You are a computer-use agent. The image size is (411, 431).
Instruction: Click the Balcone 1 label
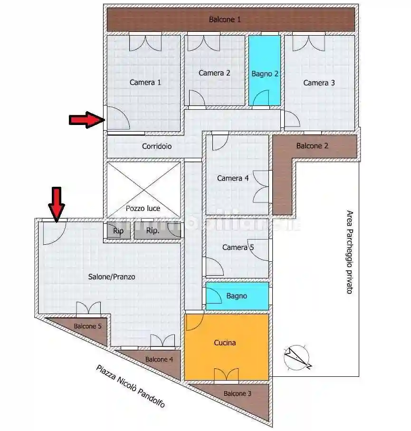(x=225, y=19)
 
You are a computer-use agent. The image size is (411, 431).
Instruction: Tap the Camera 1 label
(x=145, y=83)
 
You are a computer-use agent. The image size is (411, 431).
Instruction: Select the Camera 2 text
(x=214, y=73)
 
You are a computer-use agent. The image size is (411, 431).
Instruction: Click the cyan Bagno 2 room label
(x=265, y=74)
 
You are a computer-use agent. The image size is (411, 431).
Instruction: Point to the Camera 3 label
(x=319, y=83)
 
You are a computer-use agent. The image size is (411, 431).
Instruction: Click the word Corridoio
(x=157, y=146)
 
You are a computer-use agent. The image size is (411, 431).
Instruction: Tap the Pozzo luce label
(x=143, y=208)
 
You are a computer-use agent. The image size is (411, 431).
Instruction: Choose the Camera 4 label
(x=233, y=178)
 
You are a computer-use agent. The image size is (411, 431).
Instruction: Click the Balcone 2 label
(x=312, y=146)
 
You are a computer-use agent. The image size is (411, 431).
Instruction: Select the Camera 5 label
(x=238, y=248)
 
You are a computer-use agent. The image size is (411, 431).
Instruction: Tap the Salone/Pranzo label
(x=112, y=277)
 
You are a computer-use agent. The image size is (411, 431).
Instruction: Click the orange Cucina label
(x=225, y=343)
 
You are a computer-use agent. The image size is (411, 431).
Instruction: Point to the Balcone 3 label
(x=237, y=393)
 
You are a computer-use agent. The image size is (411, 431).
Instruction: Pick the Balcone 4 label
(x=159, y=359)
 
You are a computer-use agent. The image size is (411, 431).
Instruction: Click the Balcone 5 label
(x=87, y=326)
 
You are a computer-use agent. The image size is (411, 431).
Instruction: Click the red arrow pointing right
(x=86, y=120)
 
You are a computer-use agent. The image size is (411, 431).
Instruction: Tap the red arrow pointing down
(x=57, y=204)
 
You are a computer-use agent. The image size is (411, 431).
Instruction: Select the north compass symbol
(x=297, y=357)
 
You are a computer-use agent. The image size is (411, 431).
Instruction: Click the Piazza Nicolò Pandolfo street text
(x=131, y=386)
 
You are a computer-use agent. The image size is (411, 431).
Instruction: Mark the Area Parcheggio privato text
(x=349, y=252)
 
